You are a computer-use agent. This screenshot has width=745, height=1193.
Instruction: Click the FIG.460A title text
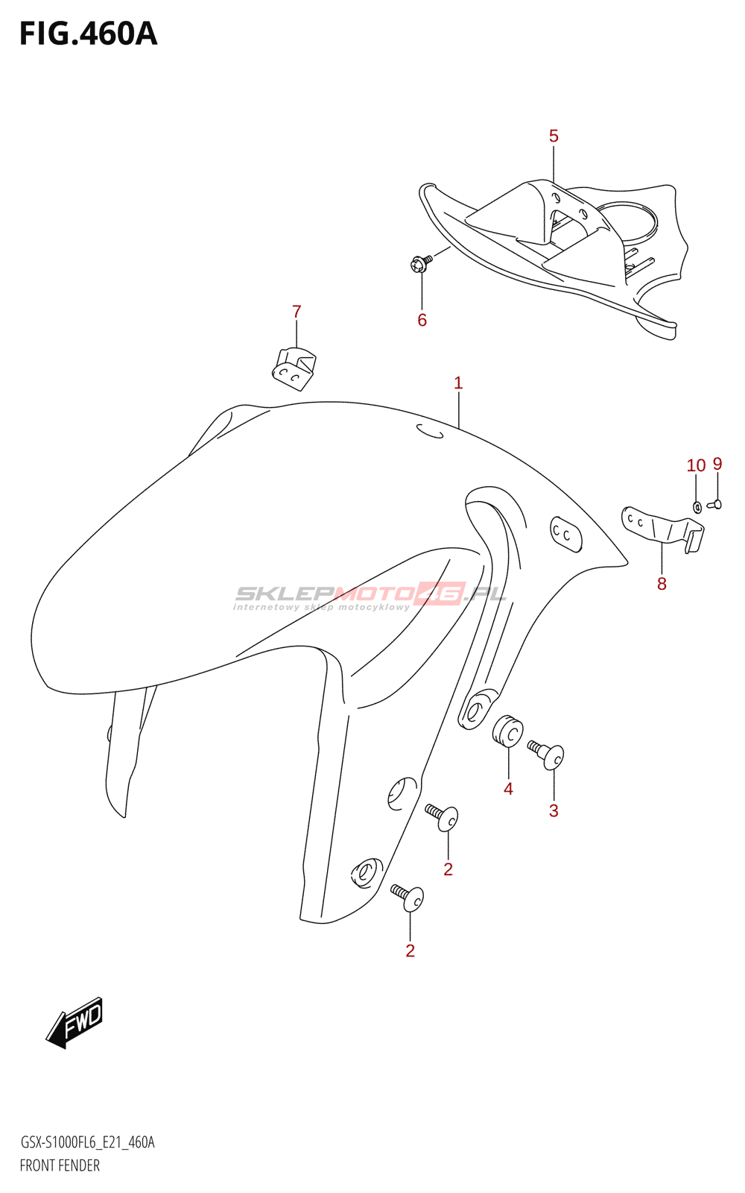coord(88,34)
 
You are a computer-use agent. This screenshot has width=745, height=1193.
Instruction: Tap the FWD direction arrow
coord(75,1021)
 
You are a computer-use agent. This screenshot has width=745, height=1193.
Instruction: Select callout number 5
coord(554,136)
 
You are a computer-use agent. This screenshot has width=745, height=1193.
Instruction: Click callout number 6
coord(422,320)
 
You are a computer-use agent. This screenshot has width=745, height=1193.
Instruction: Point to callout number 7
coord(297,312)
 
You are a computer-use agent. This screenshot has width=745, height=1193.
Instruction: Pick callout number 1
coord(458,383)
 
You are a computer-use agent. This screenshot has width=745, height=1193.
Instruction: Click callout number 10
coord(696,465)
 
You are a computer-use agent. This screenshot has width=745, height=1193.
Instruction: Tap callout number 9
coord(717,464)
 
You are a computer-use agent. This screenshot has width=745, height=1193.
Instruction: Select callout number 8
coord(662,584)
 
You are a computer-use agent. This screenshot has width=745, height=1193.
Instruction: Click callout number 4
coord(508,789)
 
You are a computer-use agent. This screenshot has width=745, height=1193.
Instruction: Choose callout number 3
coord(554,810)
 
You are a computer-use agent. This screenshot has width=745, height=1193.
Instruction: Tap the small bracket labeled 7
coord(294,368)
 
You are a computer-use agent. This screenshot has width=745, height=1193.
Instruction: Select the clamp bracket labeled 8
coord(662,528)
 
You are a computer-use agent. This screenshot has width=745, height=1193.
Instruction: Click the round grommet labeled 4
coord(508,731)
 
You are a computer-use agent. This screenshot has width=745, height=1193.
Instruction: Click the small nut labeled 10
coord(697,507)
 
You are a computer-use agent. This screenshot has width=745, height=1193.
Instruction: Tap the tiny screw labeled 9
coord(714,505)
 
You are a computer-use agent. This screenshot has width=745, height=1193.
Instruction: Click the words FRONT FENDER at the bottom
coord(60,1165)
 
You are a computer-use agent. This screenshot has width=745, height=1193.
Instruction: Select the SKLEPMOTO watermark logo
coord(370,595)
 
